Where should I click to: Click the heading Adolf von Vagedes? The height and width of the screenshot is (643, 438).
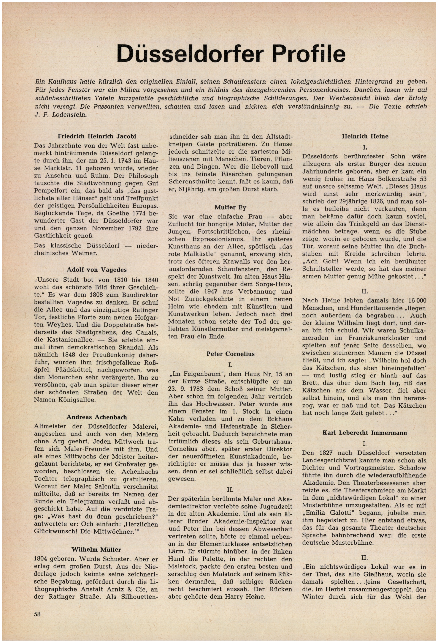click(97, 270)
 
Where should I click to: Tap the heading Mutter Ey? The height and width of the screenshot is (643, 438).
click(230, 207)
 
